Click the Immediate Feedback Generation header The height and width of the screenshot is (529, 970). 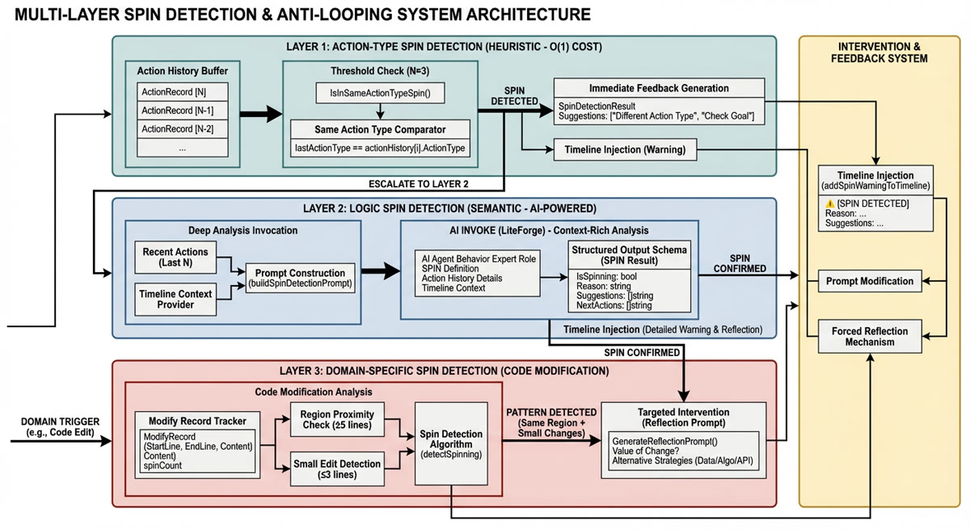pyautogui.click(x=659, y=88)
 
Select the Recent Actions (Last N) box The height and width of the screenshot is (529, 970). pyautogui.click(x=175, y=257)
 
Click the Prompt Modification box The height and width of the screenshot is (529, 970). pyautogui.click(x=870, y=281)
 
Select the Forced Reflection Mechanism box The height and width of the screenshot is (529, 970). pyautogui.click(x=870, y=336)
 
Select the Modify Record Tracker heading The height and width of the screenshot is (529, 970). pyautogui.click(x=197, y=421)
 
